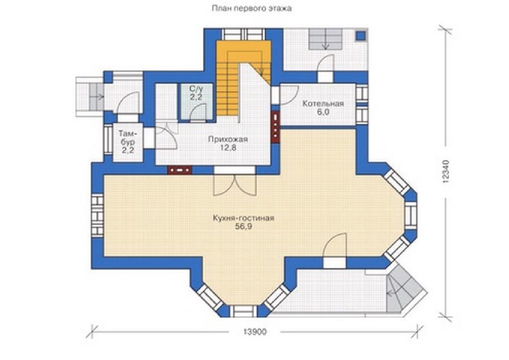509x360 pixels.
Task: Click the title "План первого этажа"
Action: tap(252, 8)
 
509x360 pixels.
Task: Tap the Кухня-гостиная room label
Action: tap(243, 218)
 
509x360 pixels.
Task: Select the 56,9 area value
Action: tap(244, 227)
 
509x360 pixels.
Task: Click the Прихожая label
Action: tap(228, 139)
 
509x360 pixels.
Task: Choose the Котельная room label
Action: tap(323, 104)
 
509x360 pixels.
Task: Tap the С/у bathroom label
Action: tap(196, 88)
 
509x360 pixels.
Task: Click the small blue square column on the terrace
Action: tap(361, 35)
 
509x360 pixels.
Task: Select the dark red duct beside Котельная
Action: tap(275, 127)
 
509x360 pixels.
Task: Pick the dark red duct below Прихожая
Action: tap(179, 170)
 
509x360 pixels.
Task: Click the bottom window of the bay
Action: tap(243, 311)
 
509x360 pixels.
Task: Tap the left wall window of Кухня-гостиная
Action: tap(97, 215)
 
